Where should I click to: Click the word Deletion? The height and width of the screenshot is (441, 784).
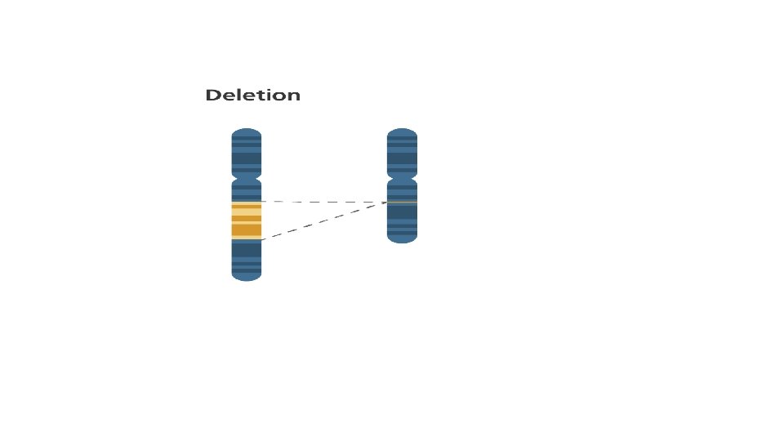252,96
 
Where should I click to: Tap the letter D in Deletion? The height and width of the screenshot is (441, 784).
212,96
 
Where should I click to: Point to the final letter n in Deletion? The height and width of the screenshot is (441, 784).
294,96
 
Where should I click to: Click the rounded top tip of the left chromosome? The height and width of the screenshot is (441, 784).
247,131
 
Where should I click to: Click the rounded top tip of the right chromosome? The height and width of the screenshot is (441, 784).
402,131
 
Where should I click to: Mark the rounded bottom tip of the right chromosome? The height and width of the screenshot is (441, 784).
402,240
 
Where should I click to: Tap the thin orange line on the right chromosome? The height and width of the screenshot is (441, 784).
402,202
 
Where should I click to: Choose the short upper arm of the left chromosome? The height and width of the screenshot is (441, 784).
247,153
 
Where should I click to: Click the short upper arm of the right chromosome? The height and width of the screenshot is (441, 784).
402,153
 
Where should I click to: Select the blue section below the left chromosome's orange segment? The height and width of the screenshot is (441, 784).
247,257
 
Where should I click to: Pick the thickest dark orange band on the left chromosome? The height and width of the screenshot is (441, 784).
247,230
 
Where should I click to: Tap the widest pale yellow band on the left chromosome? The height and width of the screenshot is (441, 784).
247,212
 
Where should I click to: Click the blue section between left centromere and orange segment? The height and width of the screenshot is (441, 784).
247,191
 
